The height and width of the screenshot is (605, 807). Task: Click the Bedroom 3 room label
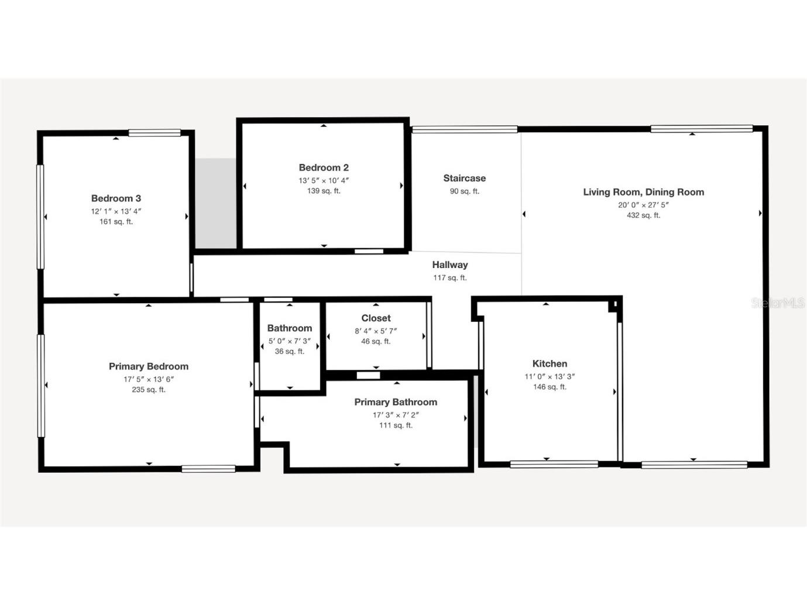pyautogui.click(x=116, y=198)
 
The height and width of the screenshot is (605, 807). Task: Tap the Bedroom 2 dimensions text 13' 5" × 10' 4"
pyautogui.click(x=324, y=181)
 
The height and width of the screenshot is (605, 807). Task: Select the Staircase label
pyautogui.click(x=464, y=178)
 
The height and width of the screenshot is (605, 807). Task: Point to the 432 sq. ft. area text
pyautogui.click(x=643, y=215)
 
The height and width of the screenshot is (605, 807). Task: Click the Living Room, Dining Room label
pyautogui.click(x=643, y=192)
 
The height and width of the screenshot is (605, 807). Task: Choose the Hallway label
pyautogui.click(x=449, y=265)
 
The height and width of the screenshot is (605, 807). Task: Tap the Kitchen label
pyautogui.click(x=550, y=363)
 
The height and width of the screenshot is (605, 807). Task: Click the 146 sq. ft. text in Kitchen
pyautogui.click(x=550, y=387)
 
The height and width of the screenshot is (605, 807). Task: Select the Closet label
pyautogui.click(x=376, y=318)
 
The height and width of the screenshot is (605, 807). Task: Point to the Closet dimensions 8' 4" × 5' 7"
pyautogui.click(x=376, y=331)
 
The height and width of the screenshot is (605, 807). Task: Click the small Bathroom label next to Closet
pyautogui.click(x=290, y=328)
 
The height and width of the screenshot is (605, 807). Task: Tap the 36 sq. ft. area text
pyautogui.click(x=290, y=352)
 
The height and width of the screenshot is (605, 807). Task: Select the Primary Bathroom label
pyautogui.click(x=396, y=402)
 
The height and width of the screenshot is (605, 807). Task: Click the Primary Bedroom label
pyautogui.click(x=149, y=366)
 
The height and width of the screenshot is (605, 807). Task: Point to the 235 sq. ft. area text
pyautogui.click(x=149, y=390)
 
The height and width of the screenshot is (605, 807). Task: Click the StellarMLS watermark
pyautogui.click(x=778, y=303)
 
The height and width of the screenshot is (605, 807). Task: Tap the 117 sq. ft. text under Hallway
pyautogui.click(x=449, y=278)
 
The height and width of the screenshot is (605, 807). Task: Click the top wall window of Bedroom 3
pyautogui.click(x=154, y=133)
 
